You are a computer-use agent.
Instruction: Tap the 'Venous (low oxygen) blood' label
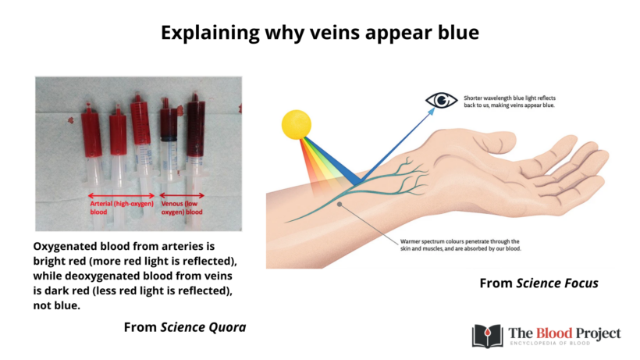tap(182, 208)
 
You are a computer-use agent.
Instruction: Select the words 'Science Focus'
tap(557, 283)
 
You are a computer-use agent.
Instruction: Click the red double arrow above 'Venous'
tap(182, 195)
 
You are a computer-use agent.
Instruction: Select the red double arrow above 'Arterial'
tap(121, 195)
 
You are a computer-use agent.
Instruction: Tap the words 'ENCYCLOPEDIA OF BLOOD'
tap(565, 344)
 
